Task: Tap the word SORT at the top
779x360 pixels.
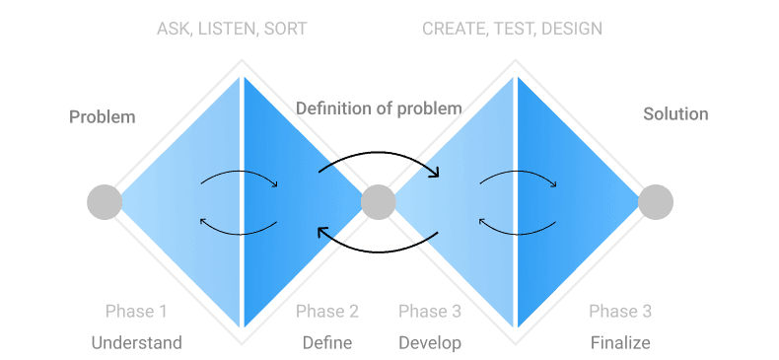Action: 285,29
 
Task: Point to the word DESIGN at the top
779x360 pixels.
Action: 571,29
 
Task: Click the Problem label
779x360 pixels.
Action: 102,117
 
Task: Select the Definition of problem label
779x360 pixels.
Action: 379,108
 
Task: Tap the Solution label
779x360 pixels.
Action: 675,113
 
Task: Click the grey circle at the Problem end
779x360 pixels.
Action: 105,202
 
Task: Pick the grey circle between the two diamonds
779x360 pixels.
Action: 378,202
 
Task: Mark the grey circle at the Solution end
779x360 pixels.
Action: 656,202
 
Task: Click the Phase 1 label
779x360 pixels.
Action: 136,312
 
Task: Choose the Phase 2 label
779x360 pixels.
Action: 327,312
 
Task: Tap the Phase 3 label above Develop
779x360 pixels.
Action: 430,312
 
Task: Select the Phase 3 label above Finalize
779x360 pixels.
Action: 620,312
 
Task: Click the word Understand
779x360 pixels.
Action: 137,342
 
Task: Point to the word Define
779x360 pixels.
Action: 327,342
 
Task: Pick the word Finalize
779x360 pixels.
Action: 620,342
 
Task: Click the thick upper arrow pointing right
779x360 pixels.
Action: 380,153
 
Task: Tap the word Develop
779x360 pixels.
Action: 430,342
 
